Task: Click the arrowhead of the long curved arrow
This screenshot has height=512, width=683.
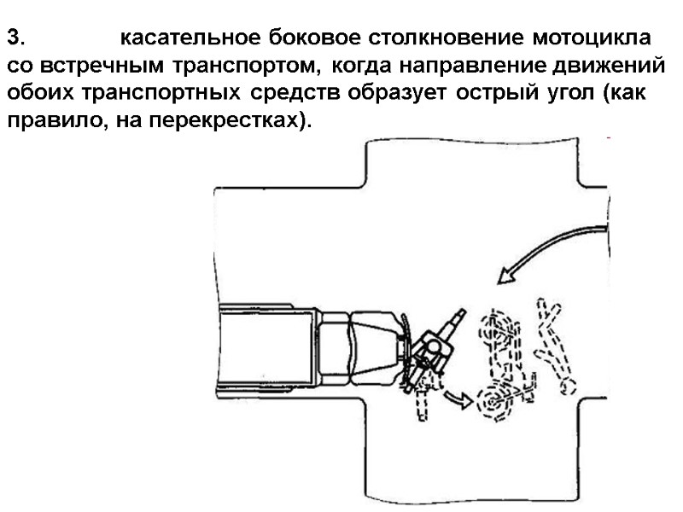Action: [x=509, y=273]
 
